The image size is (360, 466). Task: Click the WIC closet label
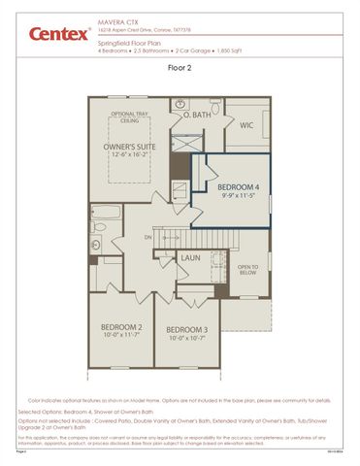point(246,124)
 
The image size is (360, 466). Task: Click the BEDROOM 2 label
point(121,326)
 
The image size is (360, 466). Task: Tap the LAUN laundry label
point(190,258)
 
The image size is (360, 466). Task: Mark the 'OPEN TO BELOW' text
point(248,270)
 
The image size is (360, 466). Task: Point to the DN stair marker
point(148,236)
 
